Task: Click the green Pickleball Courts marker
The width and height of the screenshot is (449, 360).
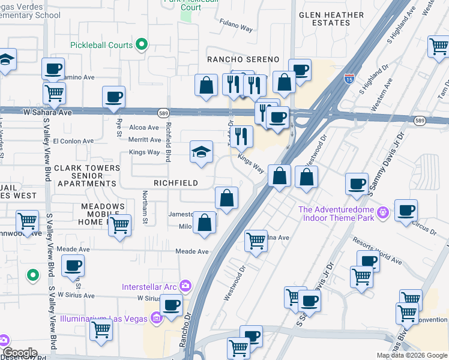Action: point(142,44)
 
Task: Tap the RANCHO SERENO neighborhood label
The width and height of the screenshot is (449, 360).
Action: point(243,59)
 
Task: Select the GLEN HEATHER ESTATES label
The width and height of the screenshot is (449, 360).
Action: point(324,18)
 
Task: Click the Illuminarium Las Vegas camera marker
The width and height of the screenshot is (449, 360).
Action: point(157,317)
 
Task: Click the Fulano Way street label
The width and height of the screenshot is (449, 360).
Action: point(236,27)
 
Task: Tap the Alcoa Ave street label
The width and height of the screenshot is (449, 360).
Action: point(145,127)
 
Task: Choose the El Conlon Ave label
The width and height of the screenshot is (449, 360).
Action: point(74,142)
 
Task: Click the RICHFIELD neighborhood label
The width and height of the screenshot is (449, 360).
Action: point(176,183)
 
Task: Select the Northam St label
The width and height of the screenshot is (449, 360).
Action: point(145,207)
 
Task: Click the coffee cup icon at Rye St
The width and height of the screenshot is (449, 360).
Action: point(113,97)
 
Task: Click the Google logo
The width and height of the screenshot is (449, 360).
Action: point(20,353)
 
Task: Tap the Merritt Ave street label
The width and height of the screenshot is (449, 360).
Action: point(145,140)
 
